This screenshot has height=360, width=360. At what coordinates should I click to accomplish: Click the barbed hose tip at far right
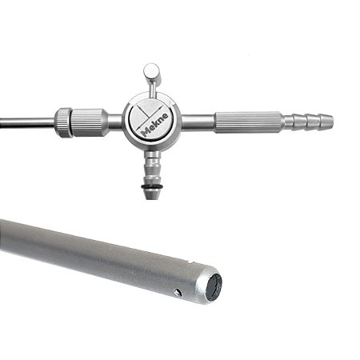[x=315, y=122]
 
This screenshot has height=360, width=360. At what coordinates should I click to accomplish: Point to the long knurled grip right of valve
[x=248, y=122]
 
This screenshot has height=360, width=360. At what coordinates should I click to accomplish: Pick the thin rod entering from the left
[x=24, y=122]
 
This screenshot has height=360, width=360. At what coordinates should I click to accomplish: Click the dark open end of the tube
[x=214, y=286]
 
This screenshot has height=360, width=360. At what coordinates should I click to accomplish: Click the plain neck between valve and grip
[x=198, y=122]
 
